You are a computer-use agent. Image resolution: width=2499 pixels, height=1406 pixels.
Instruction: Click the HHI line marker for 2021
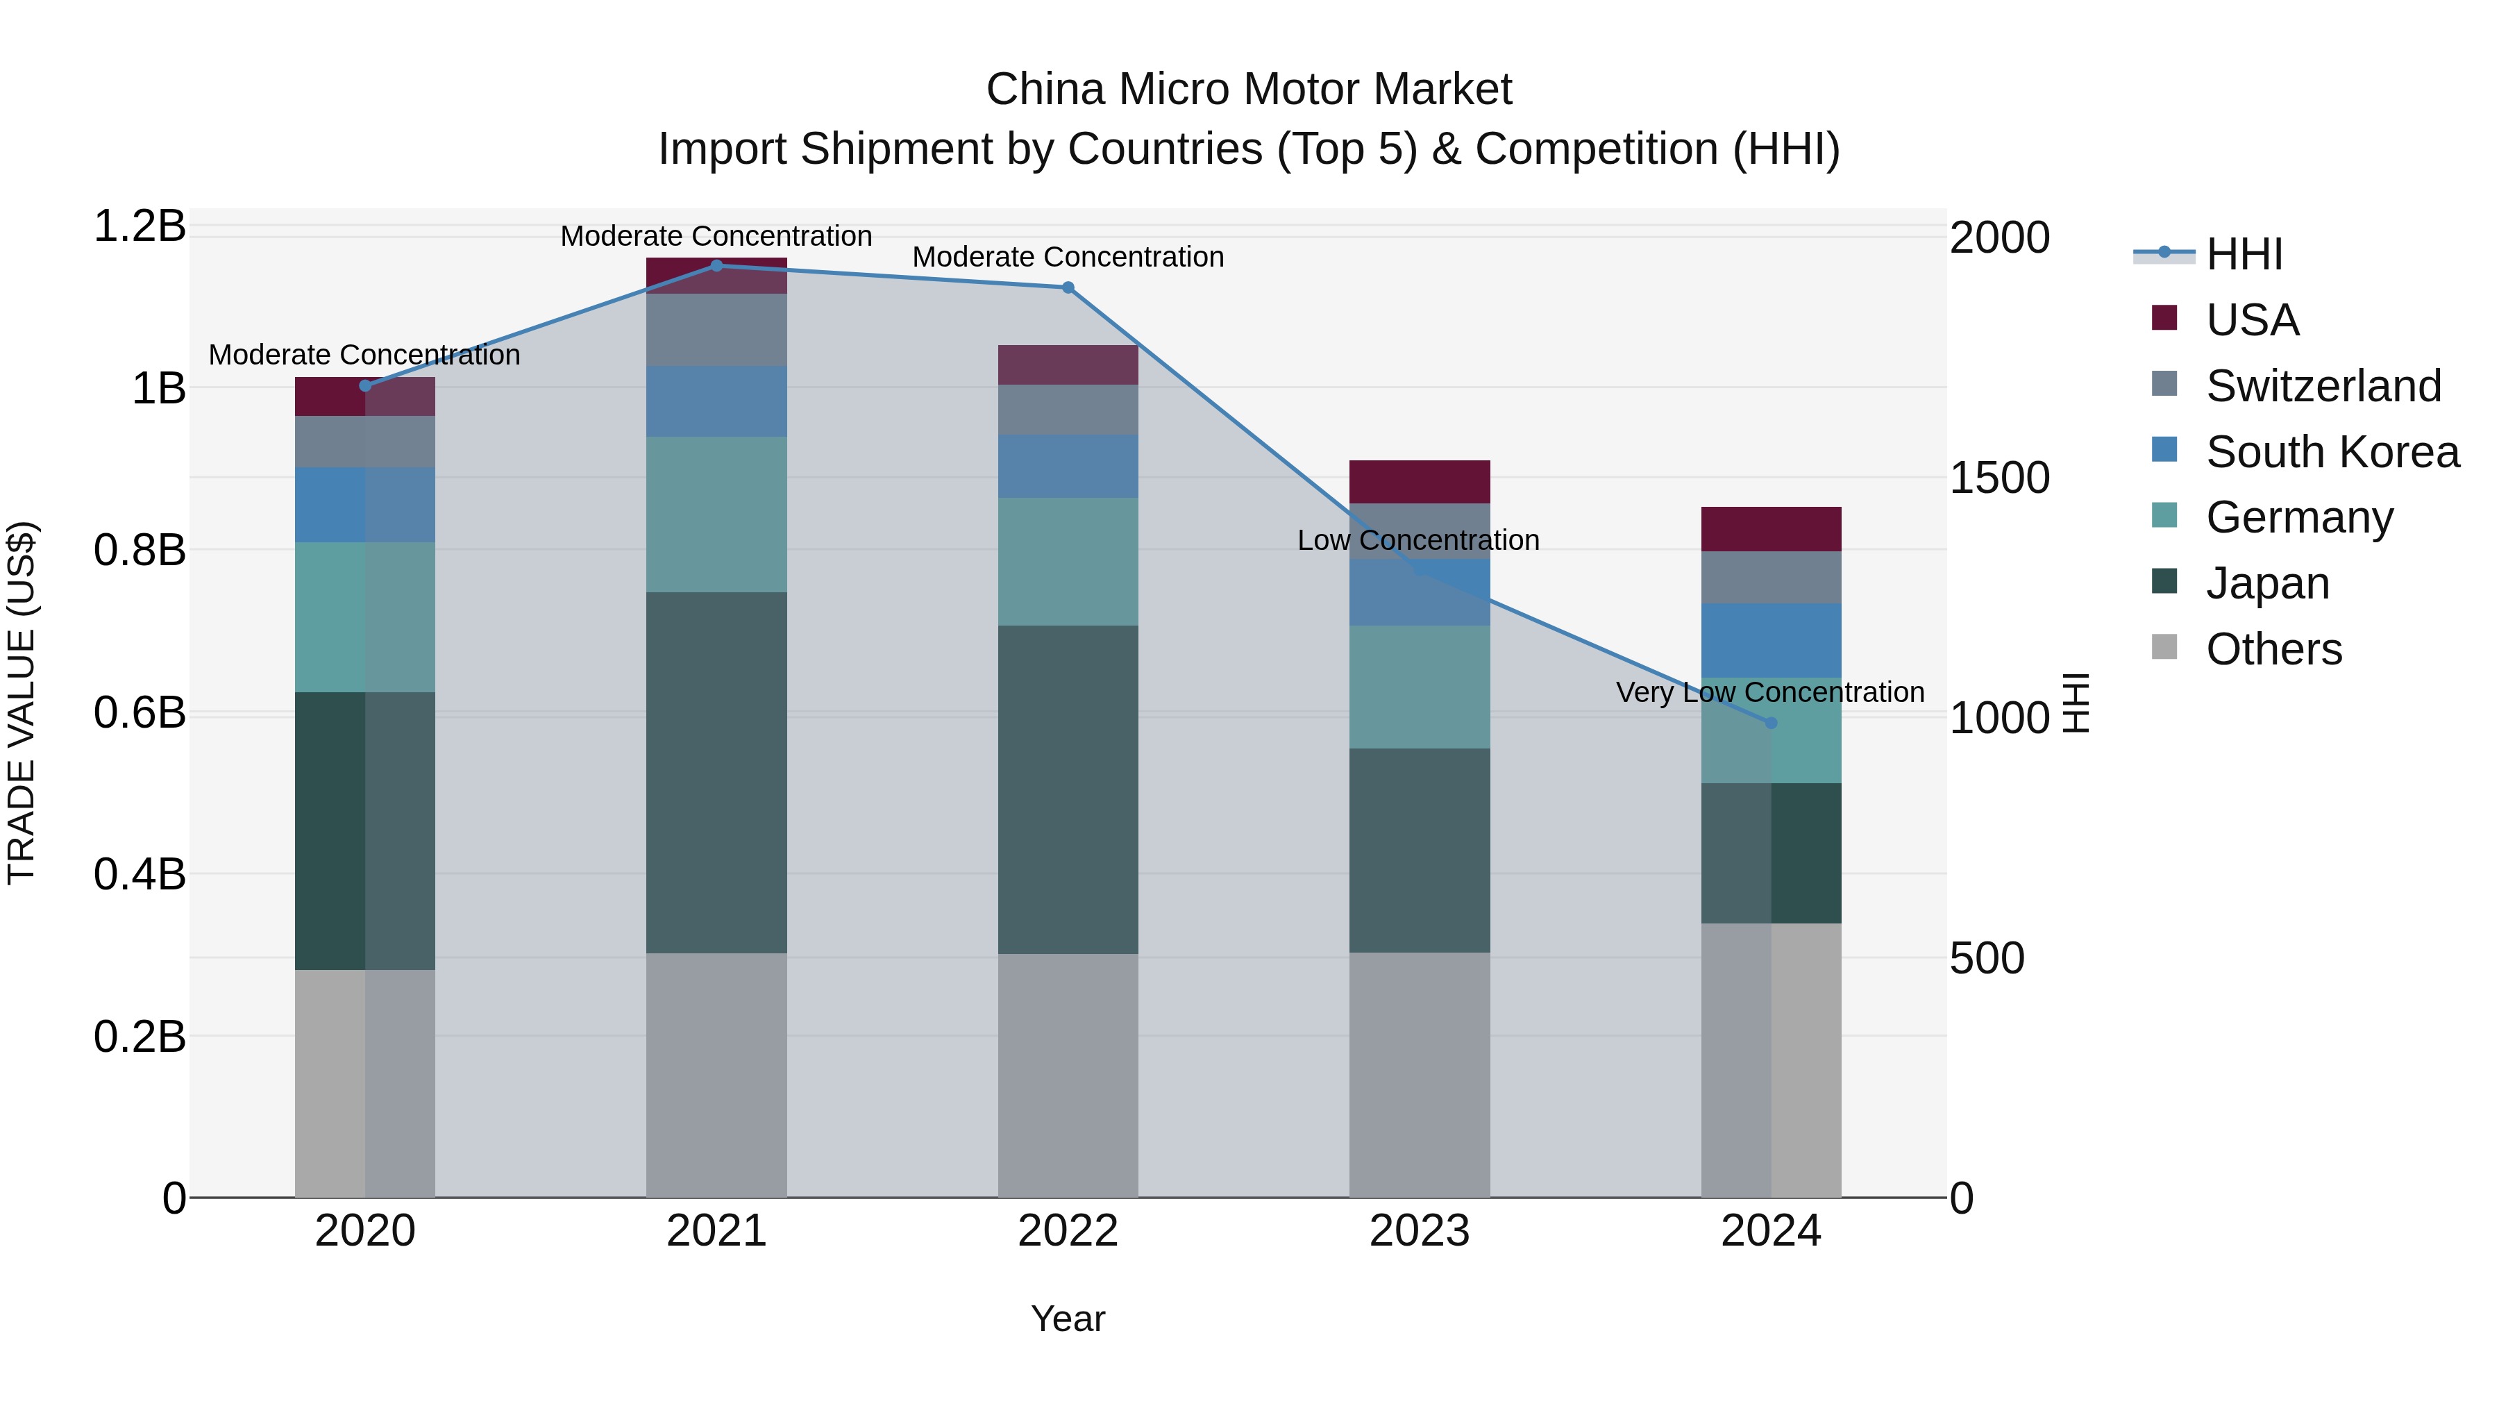click(716, 266)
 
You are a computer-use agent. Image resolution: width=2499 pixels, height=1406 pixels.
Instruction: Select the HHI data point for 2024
click(1770, 723)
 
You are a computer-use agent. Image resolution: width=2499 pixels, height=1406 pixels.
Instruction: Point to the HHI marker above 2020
click(364, 386)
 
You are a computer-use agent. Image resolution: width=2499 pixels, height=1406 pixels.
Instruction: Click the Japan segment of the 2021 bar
click(716, 771)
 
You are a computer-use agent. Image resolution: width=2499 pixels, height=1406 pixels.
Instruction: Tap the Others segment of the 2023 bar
click(1420, 1074)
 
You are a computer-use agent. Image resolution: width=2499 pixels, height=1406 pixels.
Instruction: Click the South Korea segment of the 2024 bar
click(1770, 640)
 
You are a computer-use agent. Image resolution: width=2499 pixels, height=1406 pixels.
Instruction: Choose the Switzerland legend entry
click(2323, 386)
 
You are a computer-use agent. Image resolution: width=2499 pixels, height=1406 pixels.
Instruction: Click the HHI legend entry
click(2244, 254)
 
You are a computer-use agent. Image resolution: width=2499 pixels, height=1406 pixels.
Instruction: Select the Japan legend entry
click(2267, 583)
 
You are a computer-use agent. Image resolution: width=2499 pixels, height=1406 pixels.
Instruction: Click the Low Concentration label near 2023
click(1417, 540)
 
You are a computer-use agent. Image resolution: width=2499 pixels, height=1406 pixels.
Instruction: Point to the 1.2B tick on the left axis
click(140, 226)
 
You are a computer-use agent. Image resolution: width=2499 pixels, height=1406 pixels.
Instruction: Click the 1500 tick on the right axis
click(1999, 478)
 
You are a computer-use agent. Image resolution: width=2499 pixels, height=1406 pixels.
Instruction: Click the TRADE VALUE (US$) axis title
click(22, 703)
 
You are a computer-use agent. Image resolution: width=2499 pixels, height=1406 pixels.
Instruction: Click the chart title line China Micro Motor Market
click(1249, 90)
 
